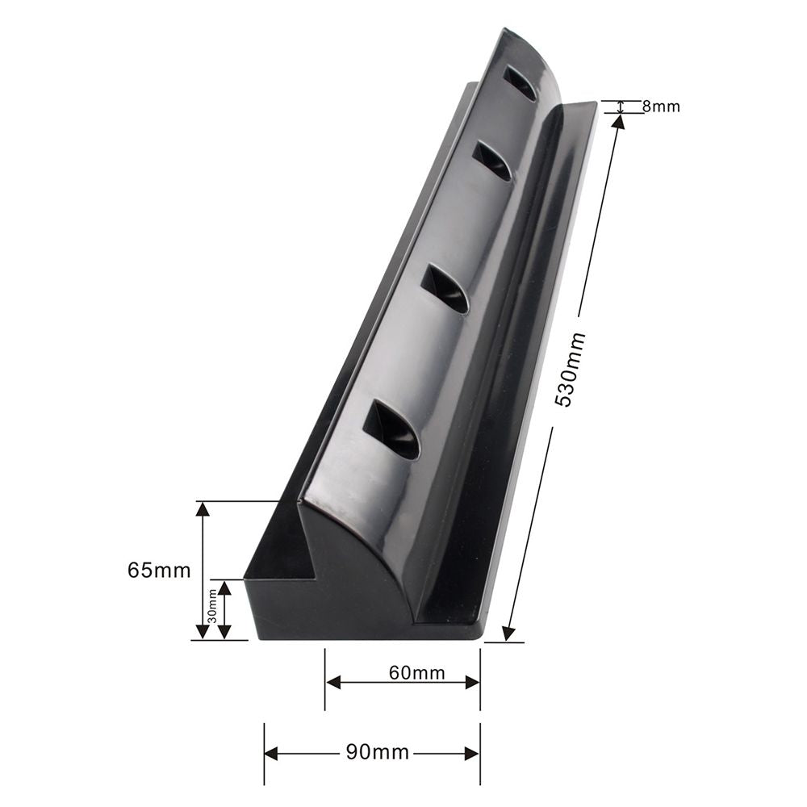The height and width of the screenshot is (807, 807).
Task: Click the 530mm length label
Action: pyautogui.click(x=571, y=370)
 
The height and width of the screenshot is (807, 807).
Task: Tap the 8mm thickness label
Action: pyautogui.click(x=661, y=107)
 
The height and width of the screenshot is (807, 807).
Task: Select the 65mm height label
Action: pyautogui.click(x=159, y=571)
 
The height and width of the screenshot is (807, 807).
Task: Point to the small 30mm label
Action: pyautogui.click(x=211, y=610)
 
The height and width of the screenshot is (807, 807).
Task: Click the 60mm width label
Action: pyautogui.click(x=417, y=672)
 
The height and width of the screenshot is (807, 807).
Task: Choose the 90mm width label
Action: pyautogui.click(x=377, y=752)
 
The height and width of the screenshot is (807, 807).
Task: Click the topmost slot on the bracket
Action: pyautogui.click(x=521, y=82)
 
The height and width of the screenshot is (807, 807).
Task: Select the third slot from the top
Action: pyautogui.click(x=445, y=290)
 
